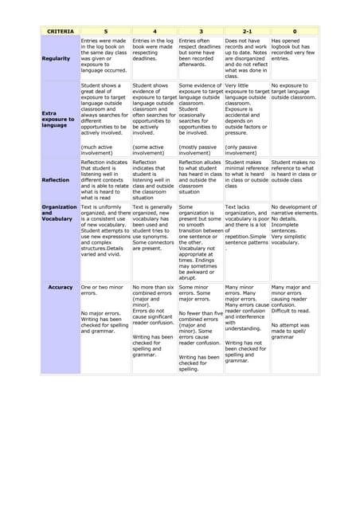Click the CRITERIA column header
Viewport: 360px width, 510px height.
[60, 30]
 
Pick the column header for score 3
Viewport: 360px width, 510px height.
[200, 30]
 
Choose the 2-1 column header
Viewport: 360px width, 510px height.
[246, 30]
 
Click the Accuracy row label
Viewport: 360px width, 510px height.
[61, 287]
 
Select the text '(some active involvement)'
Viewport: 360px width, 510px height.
[151, 150]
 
